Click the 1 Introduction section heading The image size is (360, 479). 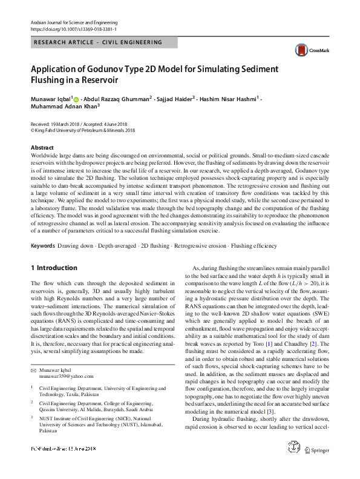click(53, 267)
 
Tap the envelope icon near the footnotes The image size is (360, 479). click(34, 352)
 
